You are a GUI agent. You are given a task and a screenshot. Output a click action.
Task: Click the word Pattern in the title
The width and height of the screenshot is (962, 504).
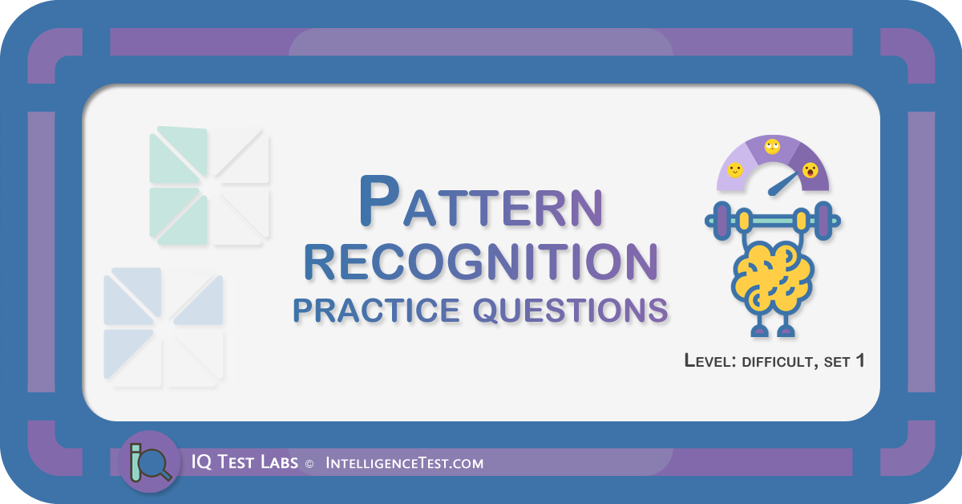pos(482,201)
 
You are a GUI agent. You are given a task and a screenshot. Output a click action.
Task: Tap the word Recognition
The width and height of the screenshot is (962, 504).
pos(481,262)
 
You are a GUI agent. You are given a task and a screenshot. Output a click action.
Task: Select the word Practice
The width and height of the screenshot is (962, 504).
pos(377,310)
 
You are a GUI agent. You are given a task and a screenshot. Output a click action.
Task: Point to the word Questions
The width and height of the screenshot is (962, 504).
pos(570,310)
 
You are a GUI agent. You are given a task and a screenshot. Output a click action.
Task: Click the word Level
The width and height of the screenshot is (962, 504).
pos(710,361)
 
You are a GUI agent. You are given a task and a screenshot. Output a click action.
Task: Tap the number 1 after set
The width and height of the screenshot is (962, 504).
pos(859,360)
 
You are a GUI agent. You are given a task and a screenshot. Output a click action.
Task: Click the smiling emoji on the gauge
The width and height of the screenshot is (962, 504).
pos(735,170)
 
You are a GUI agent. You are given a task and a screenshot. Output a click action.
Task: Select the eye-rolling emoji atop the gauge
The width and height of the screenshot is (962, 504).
pos(772,146)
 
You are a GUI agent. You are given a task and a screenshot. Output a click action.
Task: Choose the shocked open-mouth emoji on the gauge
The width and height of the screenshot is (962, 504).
pos(810,170)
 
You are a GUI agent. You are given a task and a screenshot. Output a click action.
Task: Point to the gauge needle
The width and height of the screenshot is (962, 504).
pos(782,184)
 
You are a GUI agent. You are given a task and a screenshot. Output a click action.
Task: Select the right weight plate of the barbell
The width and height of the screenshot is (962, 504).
pos(823,221)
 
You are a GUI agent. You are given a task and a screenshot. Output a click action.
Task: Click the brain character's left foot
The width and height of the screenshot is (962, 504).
pos(759,331)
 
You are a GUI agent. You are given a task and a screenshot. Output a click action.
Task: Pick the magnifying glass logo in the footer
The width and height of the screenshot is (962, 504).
pos(150,462)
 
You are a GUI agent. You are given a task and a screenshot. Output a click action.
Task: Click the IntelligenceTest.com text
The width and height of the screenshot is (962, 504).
pos(404,463)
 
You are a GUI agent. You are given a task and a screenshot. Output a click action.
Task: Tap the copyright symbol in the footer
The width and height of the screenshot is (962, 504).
pos(309,464)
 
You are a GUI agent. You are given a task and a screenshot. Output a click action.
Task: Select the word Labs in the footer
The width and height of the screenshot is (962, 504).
pos(279,463)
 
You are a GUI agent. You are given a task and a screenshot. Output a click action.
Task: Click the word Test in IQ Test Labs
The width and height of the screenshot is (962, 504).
pos(236,462)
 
